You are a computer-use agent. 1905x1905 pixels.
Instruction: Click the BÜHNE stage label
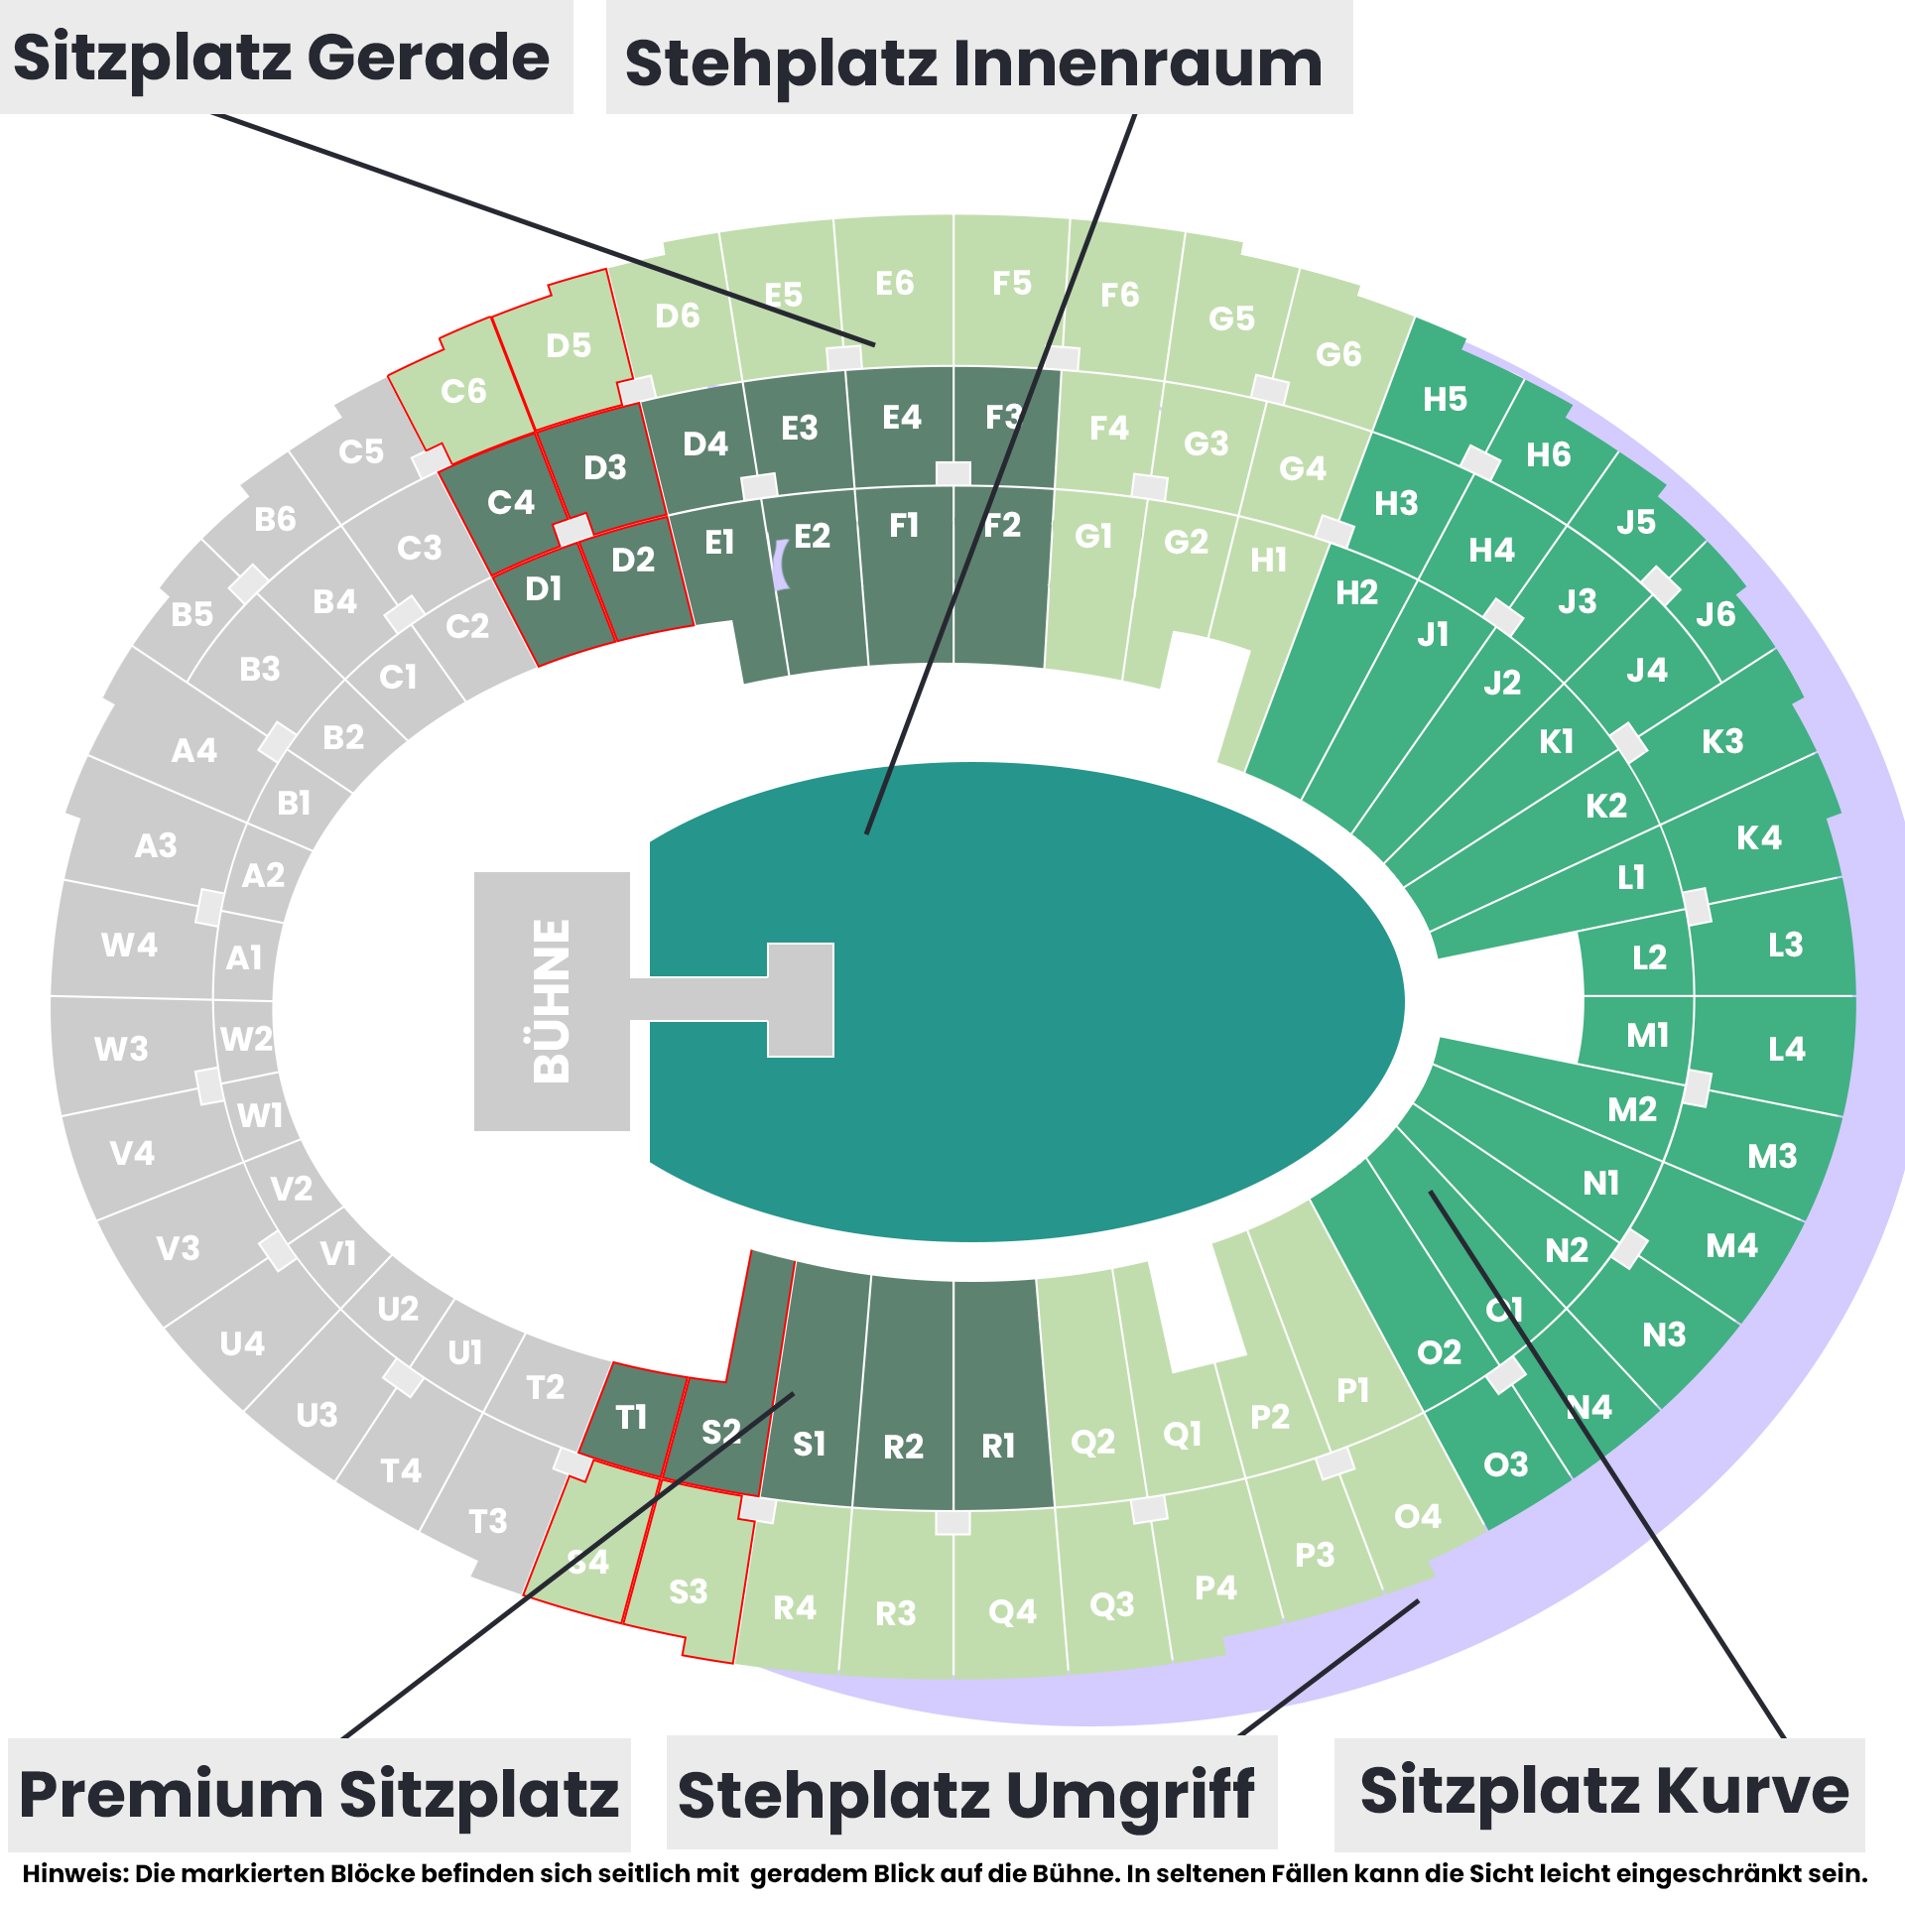pyautogui.click(x=552, y=1000)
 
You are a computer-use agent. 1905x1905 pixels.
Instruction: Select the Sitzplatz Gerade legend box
pyautogui.click(x=286, y=57)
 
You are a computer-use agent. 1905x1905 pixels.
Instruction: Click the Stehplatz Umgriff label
pyautogui.click(x=970, y=1794)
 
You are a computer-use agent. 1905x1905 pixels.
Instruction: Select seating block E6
pyautogui.click(x=895, y=290)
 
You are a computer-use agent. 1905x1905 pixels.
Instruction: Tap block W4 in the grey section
pyautogui.click(x=130, y=944)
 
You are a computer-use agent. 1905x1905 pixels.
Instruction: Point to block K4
pyautogui.click(x=1758, y=837)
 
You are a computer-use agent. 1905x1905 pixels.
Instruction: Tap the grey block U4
pyautogui.click(x=242, y=1343)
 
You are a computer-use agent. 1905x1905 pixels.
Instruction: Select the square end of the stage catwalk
pyautogui.click(x=801, y=1000)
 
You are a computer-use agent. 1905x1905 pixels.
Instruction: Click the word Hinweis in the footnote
pyautogui.click(x=74, y=1874)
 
